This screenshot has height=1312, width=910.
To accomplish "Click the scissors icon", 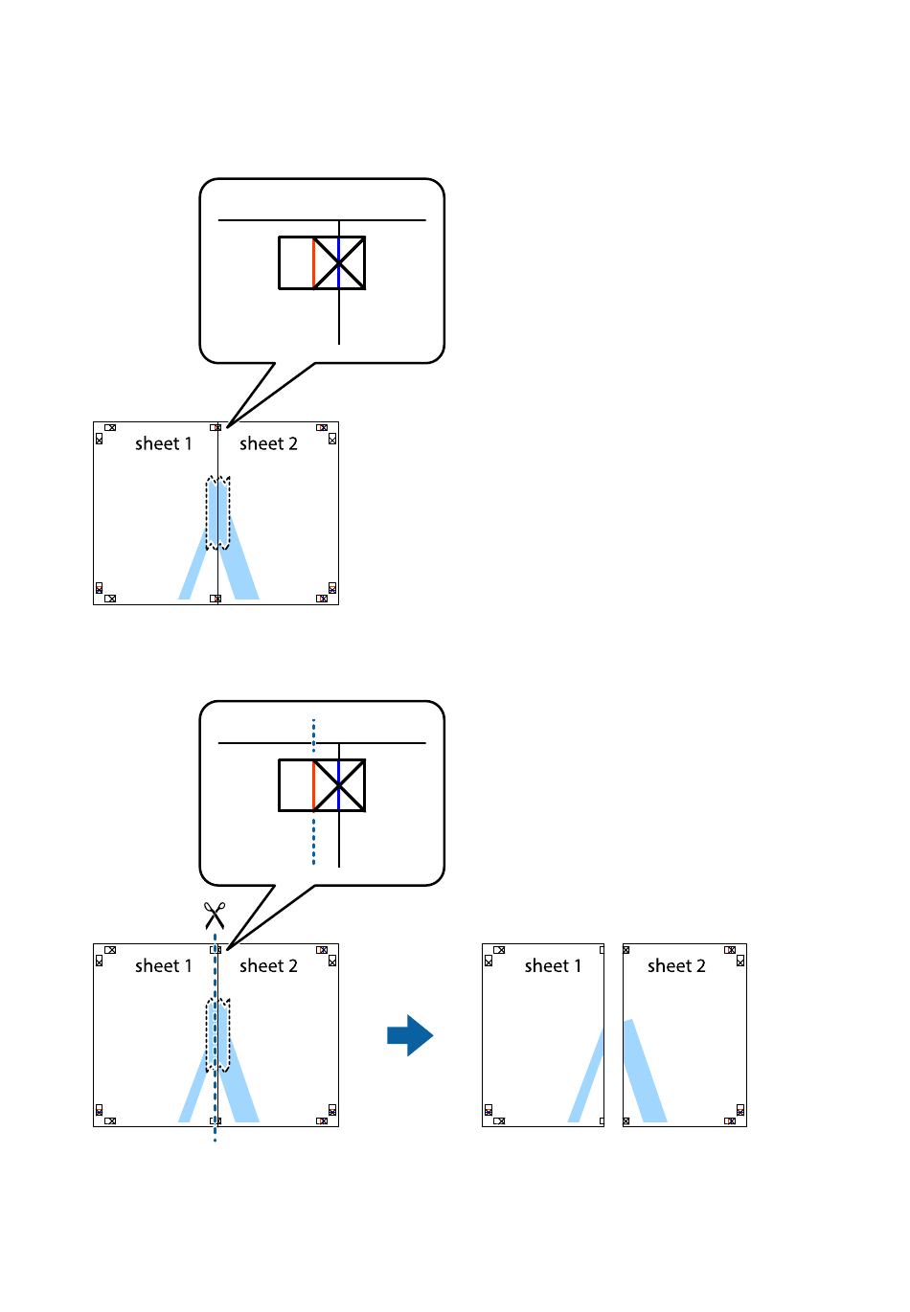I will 215,916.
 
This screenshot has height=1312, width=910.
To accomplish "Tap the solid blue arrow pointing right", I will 410,1035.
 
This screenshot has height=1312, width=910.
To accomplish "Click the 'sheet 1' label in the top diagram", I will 164,443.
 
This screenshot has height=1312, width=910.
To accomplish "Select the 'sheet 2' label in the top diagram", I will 268,443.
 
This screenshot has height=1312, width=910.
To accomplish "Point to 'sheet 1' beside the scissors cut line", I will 164,965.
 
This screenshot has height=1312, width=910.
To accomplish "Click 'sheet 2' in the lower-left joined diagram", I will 268,965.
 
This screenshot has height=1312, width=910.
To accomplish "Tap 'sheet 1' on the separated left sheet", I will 553,965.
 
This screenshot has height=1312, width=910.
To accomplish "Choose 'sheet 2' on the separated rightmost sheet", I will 676,965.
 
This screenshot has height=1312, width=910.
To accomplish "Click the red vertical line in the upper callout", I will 313,262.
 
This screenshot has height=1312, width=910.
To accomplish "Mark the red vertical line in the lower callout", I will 313,785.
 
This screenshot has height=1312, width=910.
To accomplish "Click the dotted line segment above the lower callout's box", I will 313,736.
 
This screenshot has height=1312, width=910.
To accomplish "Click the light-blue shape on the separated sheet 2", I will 645,1073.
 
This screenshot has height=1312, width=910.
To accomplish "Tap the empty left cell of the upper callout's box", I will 296,262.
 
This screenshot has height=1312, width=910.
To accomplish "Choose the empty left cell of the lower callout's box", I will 296,785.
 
